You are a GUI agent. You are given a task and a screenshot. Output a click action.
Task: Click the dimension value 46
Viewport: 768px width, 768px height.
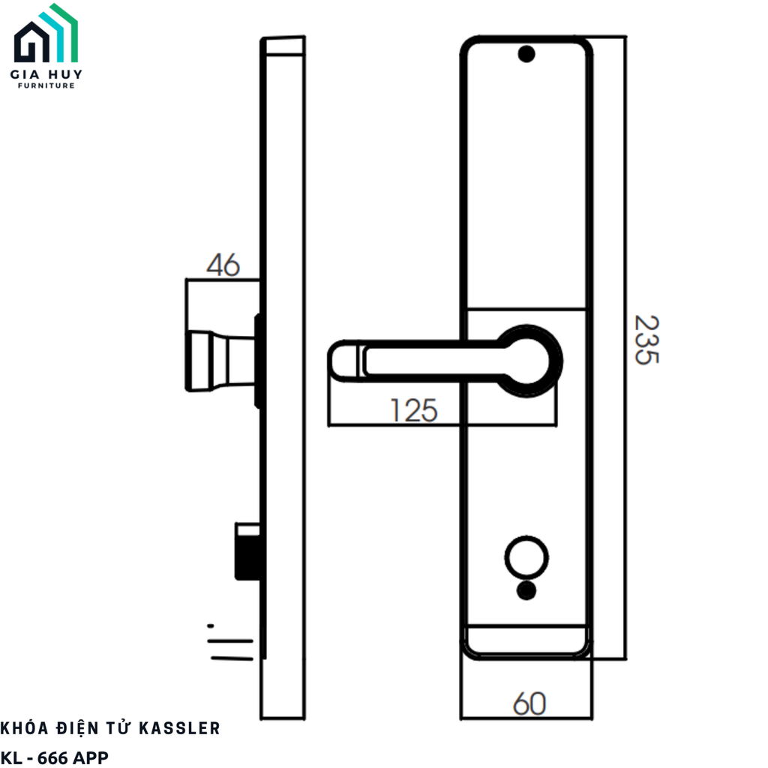pos(223,265)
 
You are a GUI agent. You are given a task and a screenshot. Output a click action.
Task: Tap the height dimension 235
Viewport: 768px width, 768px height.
pos(646,340)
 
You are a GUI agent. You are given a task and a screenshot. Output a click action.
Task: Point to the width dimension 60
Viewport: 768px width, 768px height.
pos(529,703)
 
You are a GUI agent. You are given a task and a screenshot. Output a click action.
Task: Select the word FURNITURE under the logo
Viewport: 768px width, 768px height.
pos(46,86)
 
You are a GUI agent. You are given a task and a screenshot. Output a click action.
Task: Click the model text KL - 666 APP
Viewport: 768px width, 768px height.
pos(55,757)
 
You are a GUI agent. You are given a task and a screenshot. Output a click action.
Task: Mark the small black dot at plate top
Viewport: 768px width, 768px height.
pos(526,54)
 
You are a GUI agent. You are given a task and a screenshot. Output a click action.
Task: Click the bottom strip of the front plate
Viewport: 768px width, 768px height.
pos(526,640)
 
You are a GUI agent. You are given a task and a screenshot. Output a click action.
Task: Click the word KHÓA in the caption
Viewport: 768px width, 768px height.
pos(27,728)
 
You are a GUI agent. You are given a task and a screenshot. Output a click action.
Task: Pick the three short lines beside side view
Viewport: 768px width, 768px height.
pos(229,643)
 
